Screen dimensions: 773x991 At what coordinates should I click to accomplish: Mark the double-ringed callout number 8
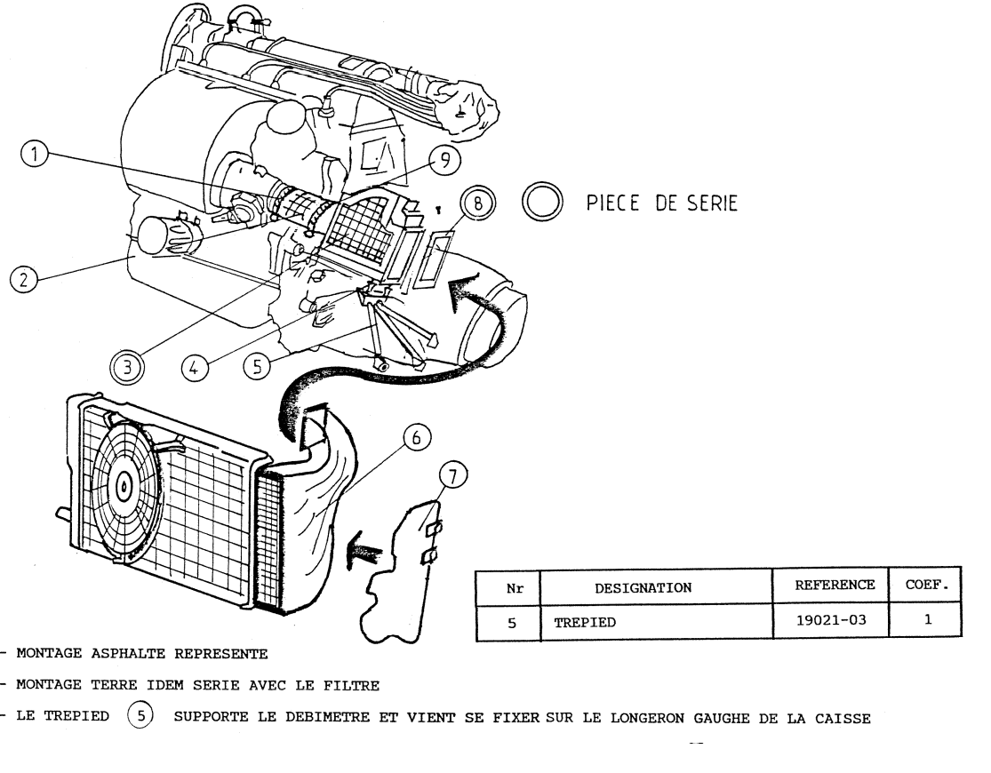click(x=477, y=203)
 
